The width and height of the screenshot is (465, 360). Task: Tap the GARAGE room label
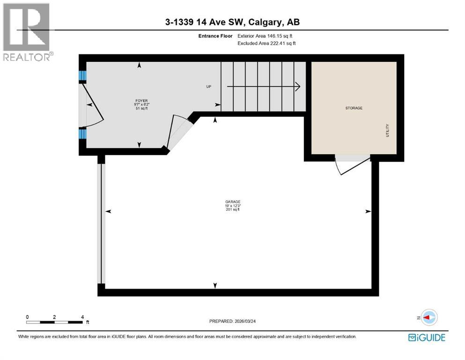click(x=232, y=202)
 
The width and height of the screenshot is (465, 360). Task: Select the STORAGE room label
click(x=354, y=108)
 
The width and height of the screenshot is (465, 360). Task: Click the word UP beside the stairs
click(x=209, y=87)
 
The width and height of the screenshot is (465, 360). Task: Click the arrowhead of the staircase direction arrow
click(x=297, y=86)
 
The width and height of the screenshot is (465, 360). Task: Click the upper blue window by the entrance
click(x=82, y=76)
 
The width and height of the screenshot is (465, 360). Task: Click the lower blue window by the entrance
click(x=82, y=134)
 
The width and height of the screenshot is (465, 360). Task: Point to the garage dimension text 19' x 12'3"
click(x=232, y=206)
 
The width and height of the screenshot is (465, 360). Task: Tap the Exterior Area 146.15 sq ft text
click(x=266, y=36)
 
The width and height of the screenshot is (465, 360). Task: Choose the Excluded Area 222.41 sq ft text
click(x=266, y=43)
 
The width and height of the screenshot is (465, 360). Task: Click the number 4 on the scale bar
click(x=82, y=317)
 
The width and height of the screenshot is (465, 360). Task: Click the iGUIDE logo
click(x=427, y=337)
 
